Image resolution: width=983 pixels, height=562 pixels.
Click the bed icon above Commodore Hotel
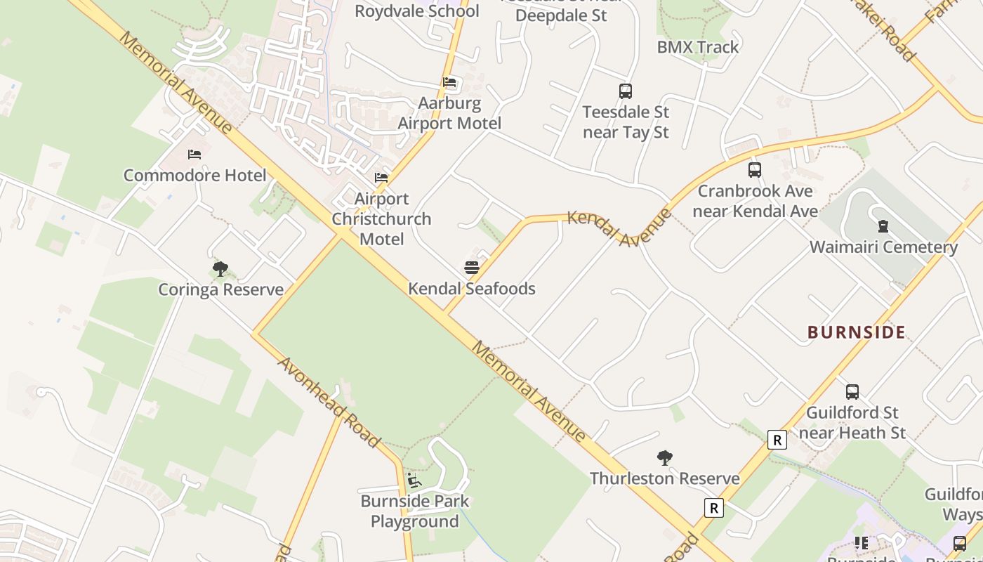pos(194,154)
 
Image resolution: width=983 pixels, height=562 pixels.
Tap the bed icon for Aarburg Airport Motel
pos(449,82)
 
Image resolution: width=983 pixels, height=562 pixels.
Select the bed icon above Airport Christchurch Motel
pos(381,177)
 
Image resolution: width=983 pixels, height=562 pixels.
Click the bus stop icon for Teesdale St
pos(625,91)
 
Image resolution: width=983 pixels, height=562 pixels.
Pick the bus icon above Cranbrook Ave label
pos(755,169)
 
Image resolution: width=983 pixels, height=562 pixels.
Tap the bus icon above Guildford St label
pos(852,391)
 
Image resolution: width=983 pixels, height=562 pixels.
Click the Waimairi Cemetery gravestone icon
pos(883,226)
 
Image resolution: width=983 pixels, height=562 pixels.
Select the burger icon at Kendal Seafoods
pos(472,267)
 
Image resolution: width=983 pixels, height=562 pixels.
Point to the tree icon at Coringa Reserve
pos(220,268)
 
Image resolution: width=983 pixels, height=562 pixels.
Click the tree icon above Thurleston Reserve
pos(664,458)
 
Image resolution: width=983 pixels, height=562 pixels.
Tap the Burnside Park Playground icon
pos(414,481)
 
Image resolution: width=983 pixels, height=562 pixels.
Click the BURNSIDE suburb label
pos(857,332)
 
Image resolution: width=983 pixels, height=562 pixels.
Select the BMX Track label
pos(698,47)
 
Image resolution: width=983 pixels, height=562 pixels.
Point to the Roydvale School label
pos(417,11)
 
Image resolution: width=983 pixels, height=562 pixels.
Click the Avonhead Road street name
pos(329,402)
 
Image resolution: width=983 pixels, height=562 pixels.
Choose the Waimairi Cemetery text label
pos(883,247)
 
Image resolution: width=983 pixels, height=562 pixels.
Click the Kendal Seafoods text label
pos(472,289)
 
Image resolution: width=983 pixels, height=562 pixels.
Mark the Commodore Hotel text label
pos(195,176)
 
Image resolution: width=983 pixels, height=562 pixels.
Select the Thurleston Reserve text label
pos(664,479)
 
